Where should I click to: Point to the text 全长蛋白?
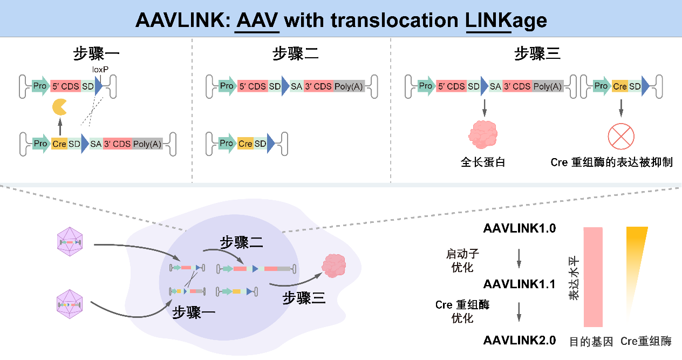483,162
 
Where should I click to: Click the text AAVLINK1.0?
519,228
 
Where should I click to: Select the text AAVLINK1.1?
519,284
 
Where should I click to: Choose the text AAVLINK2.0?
519,341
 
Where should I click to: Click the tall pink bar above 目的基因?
592,277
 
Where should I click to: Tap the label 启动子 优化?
462,259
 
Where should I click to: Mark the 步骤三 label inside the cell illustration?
304,297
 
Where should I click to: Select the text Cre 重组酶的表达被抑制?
611,162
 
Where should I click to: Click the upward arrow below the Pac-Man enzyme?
60,127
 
